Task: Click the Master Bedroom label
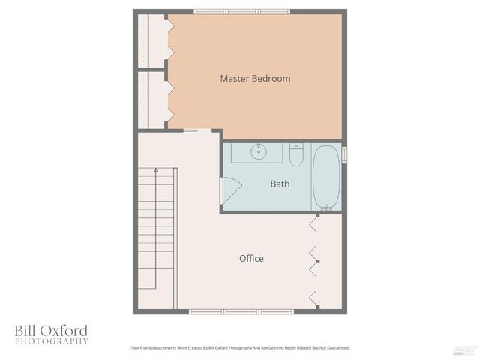[255, 78]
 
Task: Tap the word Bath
[280, 184]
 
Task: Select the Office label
[251, 258]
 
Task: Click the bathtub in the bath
[326, 178]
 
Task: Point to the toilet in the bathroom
[296, 155]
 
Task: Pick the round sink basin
[259, 151]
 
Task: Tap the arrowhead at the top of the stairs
[155, 172]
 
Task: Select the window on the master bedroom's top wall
[242, 11]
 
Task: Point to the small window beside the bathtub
[345, 154]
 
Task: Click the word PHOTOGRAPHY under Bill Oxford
[52, 341]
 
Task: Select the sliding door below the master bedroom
[191, 131]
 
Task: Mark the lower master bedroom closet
[153, 99]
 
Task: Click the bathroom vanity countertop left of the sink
[241, 152]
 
